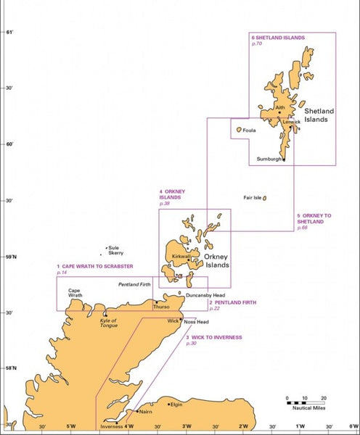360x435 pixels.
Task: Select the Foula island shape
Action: (x=237, y=130)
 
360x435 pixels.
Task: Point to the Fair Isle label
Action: (x=252, y=197)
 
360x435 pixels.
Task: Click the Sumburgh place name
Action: (x=269, y=159)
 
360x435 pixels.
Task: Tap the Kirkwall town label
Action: (x=181, y=256)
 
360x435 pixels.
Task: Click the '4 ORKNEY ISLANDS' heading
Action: (x=172, y=194)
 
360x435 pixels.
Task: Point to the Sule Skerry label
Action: (x=115, y=250)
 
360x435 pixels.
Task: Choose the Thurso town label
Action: (x=161, y=307)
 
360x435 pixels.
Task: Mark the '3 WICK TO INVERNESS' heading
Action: (x=213, y=337)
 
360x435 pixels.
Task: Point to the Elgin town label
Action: (x=176, y=405)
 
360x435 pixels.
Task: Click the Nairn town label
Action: (x=146, y=411)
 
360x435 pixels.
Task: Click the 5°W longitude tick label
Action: (x=70, y=426)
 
